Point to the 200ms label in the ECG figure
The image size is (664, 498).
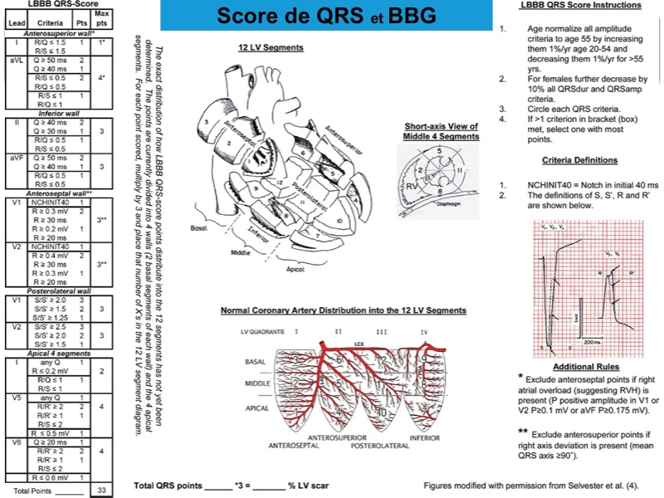click(592, 341)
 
